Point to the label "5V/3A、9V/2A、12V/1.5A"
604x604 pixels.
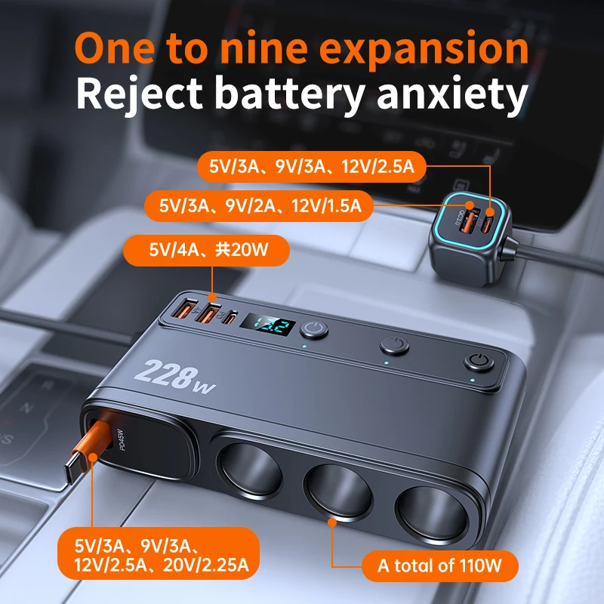point(260,204)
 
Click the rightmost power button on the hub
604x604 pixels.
point(476,362)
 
